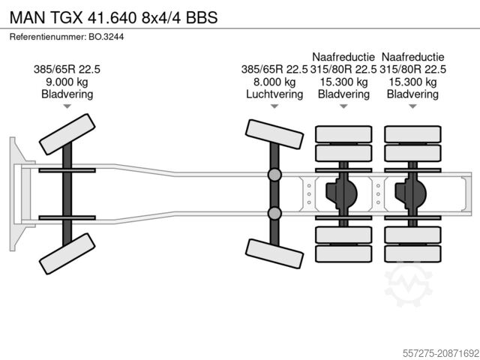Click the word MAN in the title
27,16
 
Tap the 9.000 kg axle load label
67,82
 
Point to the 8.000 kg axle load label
274,82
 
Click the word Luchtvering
274,94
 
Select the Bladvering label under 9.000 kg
67,94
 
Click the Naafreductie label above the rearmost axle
412,57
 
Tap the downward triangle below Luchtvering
274,107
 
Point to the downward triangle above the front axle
67,107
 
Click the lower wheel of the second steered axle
274,251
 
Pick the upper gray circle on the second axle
275,175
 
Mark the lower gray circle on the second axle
275,214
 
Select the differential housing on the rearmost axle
411,194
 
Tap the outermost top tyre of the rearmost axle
412,134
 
